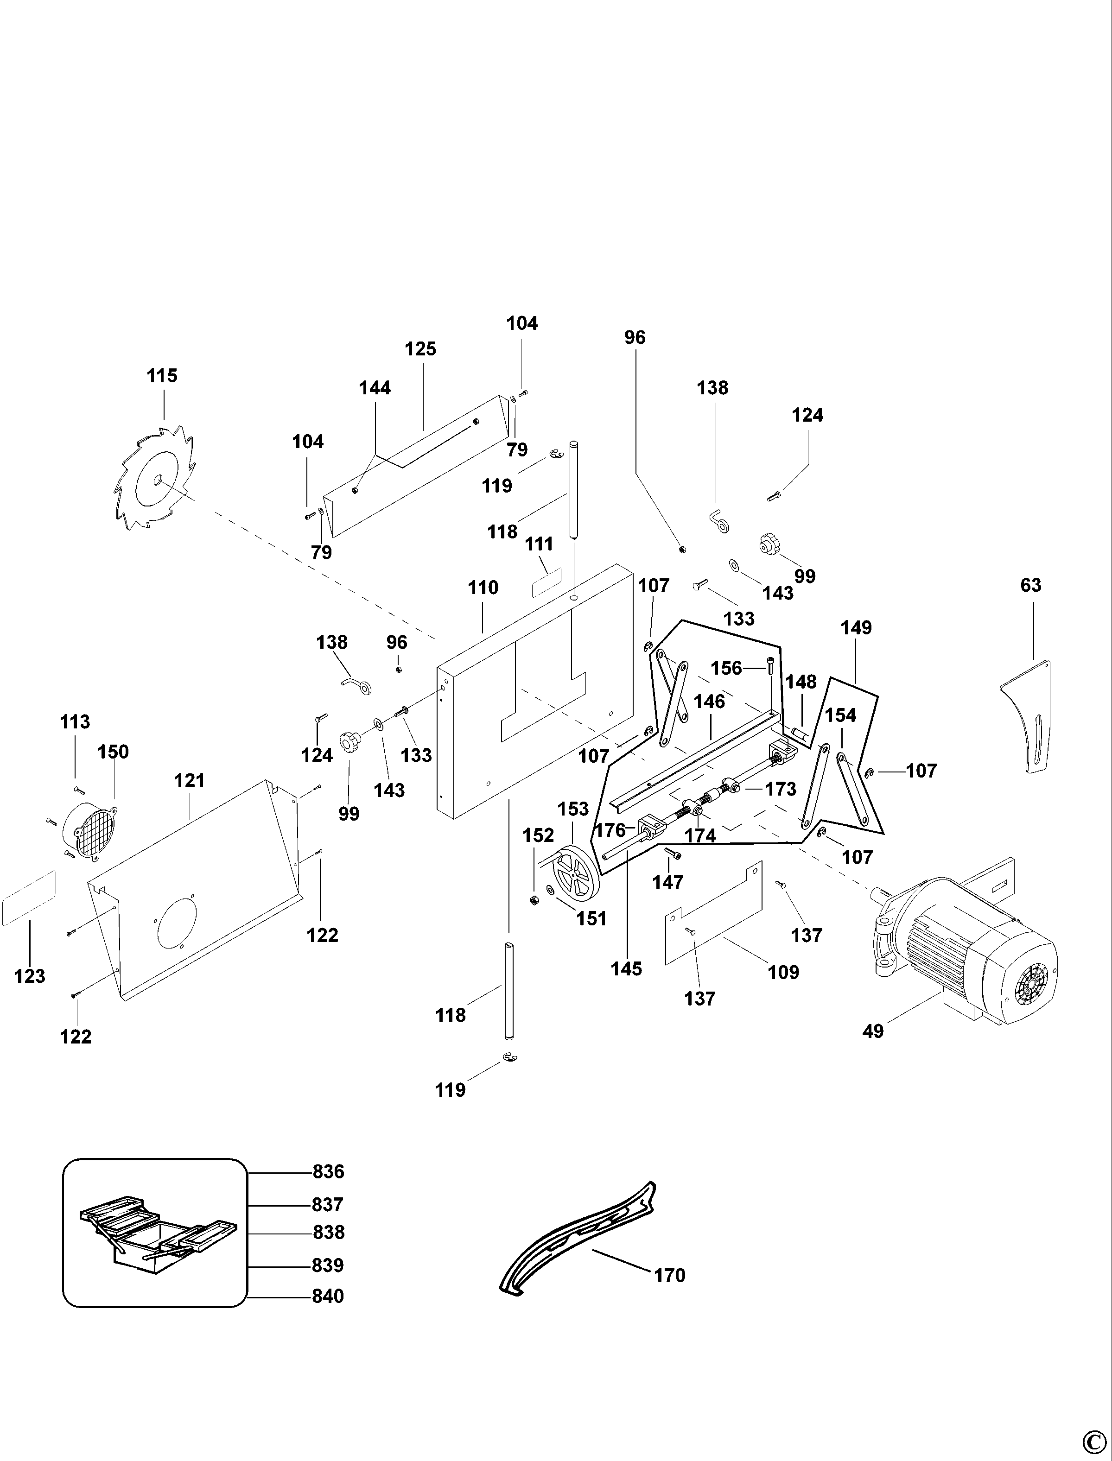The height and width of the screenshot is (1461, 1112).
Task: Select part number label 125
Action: pyautogui.click(x=420, y=349)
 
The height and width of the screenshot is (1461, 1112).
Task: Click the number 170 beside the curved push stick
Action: pyautogui.click(x=669, y=1275)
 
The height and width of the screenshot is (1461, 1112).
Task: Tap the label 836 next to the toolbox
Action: pyautogui.click(x=328, y=1172)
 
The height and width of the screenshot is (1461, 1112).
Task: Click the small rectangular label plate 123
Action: pyautogui.click(x=29, y=898)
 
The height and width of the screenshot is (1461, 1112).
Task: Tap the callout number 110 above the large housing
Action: pyautogui.click(x=483, y=588)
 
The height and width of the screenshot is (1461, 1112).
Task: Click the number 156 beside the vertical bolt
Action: pyautogui.click(x=726, y=668)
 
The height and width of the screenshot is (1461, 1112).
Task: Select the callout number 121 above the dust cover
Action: pyautogui.click(x=189, y=781)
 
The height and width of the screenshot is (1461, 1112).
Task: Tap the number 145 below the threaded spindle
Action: pyautogui.click(x=626, y=969)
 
